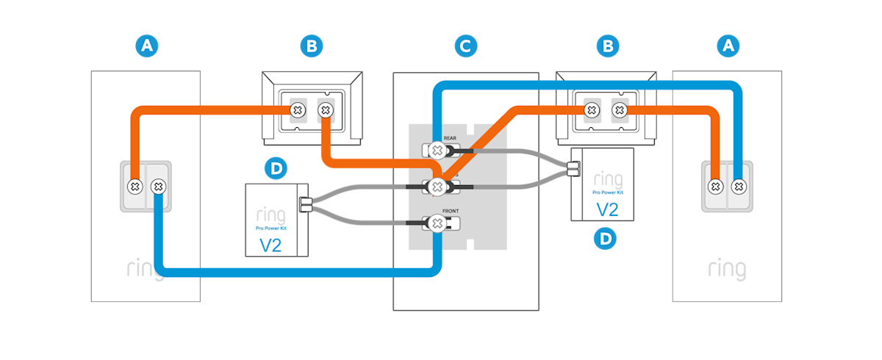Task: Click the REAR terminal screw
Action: coord(437,151)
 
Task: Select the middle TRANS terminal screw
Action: coord(437,186)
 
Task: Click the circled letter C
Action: coord(465,46)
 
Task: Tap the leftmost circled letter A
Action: coord(147,46)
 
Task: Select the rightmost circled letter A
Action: coord(728,46)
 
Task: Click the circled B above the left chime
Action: coord(312,46)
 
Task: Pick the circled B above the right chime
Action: coord(607,46)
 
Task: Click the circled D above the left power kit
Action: coord(276,169)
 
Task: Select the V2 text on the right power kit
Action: coord(606,209)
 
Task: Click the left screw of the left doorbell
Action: coord(135,187)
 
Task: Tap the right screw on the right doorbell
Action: coord(738,187)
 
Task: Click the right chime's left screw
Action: coord(590,111)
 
